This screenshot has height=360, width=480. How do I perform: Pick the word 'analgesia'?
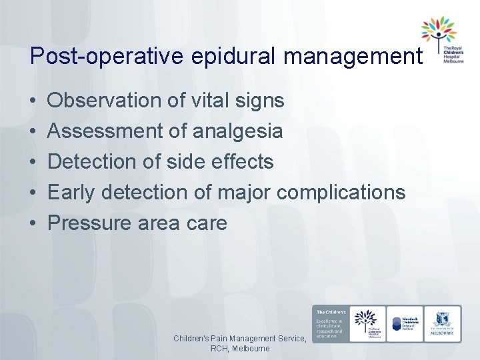(237, 131)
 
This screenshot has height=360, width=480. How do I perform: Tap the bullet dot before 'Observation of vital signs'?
(33, 101)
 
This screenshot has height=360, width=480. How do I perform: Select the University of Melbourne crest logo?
(442, 323)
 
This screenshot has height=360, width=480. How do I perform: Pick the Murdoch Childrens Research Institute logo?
(405, 323)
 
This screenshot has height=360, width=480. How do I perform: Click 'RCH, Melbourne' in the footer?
(240, 349)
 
